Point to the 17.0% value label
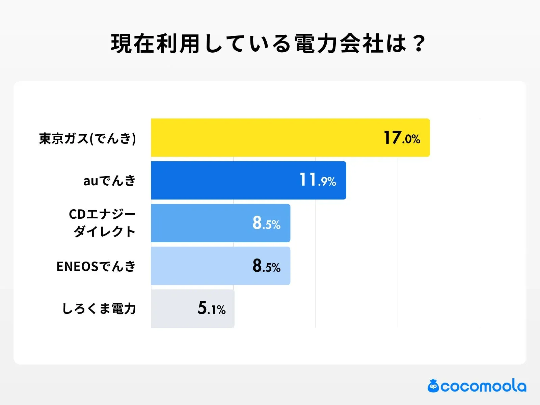[x=402, y=138]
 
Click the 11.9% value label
[x=318, y=180]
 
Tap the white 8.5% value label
[x=266, y=223]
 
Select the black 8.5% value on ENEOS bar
[x=266, y=266]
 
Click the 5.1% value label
[x=211, y=308]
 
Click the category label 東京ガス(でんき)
[x=87, y=138]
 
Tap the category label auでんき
[x=109, y=181]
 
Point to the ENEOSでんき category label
[x=96, y=267]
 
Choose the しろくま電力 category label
[x=99, y=309]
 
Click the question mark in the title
[x=419, y=44]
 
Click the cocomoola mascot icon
[x=433, y=386]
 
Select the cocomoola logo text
[x=483, y=386]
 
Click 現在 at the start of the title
[x=133, y=44]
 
